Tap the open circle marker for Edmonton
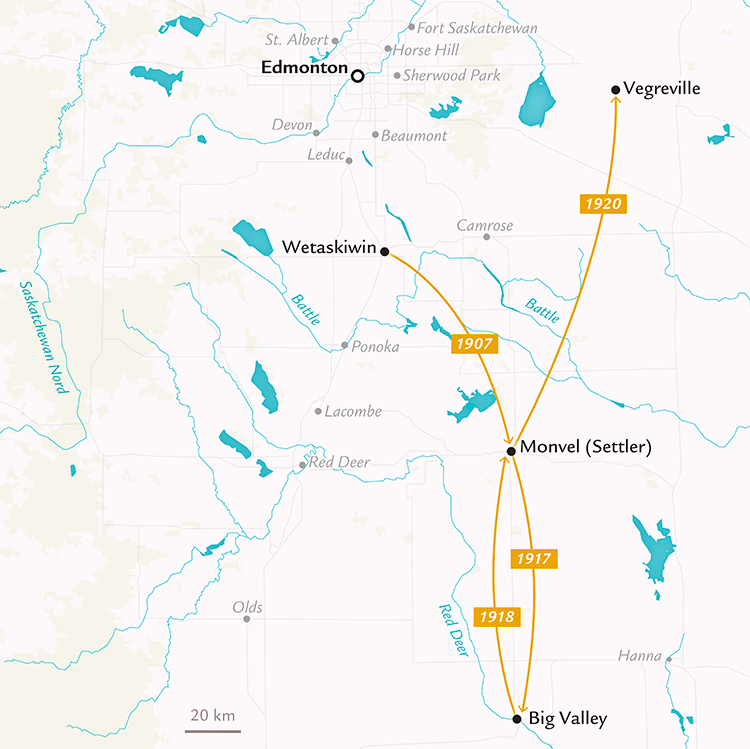[357, 74]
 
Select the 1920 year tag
[603, 204]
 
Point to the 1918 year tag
[496, 616]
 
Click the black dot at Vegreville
[615, 90]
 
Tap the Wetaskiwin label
[330, 246]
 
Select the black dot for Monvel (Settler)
[511, 451]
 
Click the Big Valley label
[568, 718]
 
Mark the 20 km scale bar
[211, 730]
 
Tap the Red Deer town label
[339, 462]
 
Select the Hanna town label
[639, 656]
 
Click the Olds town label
[247, 607]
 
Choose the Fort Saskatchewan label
[477, 28]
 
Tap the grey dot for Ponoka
[345, 346]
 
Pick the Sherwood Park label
[451, 75]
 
